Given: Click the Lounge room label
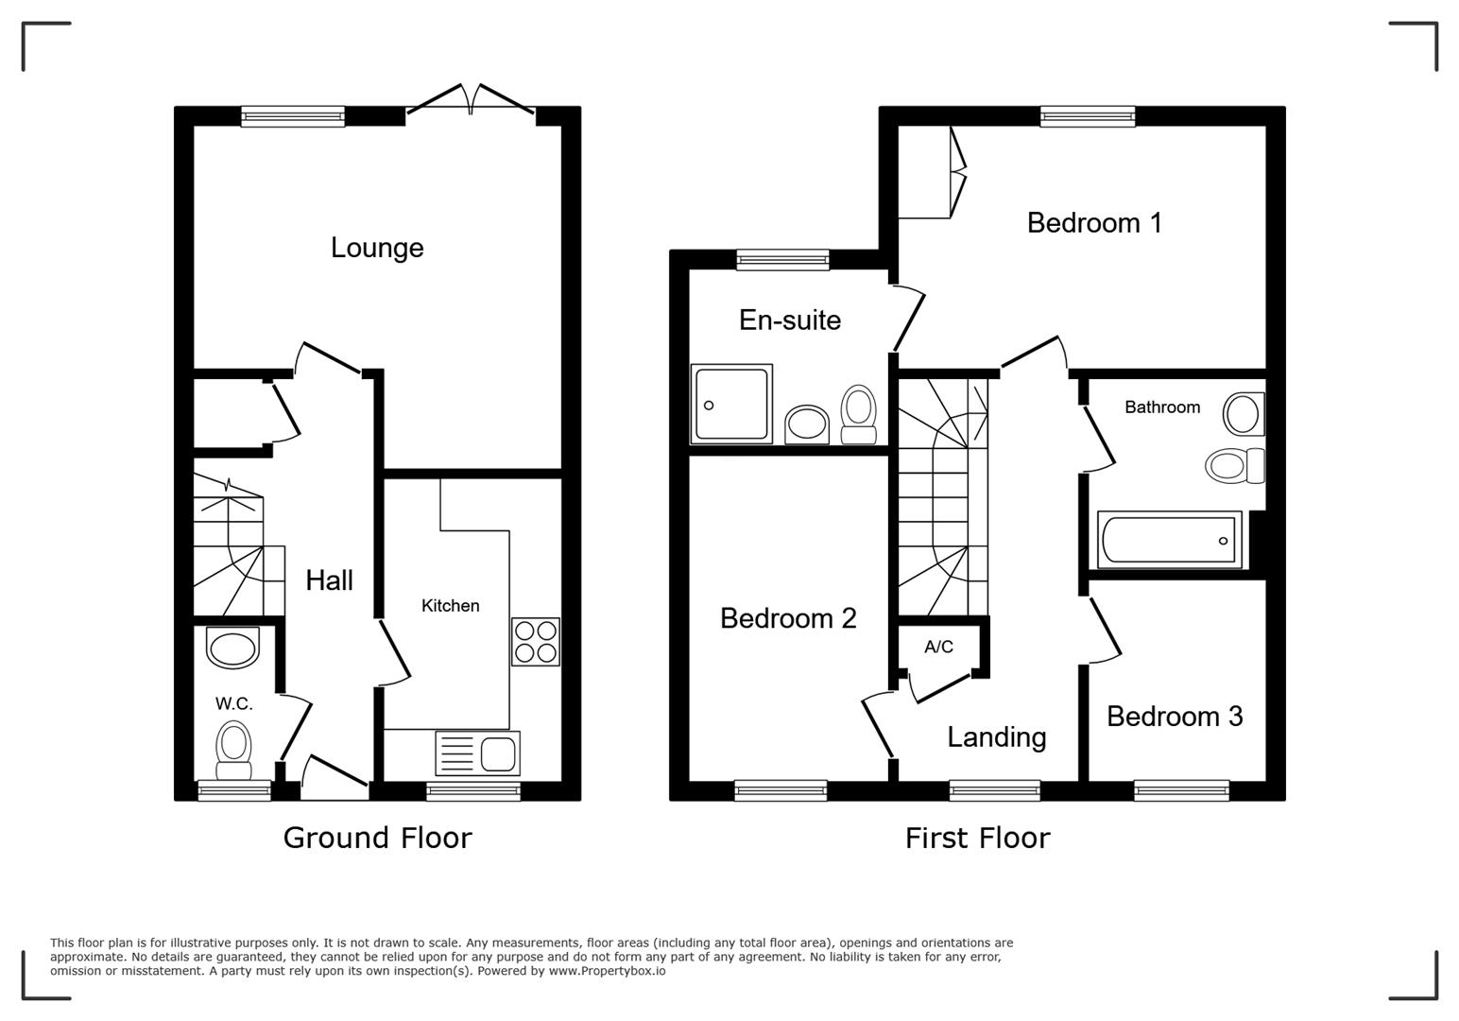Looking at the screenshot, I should click(377, 248).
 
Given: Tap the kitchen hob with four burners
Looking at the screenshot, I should click(535, 642).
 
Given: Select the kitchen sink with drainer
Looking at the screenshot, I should click(477, 753).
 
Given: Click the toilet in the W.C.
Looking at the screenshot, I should click(233, 743).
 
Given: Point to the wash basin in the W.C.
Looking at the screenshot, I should click(232, 649).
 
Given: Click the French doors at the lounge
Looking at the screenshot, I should click(471, 102).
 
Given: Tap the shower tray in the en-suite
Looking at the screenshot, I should click(731, 404).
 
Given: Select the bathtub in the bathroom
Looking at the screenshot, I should click(1170, 541).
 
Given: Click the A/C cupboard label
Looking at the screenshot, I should click(938, 647).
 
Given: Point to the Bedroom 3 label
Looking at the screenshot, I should click(1175, 717).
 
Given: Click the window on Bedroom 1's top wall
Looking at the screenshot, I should click(1088, 116).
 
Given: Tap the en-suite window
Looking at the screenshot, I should click(782, 260).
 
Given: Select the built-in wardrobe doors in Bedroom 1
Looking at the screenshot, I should click(957, 172).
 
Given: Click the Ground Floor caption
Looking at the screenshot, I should click(377, 838).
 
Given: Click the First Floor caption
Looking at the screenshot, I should click(977, 838).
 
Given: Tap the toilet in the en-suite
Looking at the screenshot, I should click(858, 414).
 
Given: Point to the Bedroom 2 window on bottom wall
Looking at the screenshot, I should click(781, 790).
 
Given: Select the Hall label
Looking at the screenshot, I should click(329, 580).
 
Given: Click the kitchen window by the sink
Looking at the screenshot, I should click(472, 790).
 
